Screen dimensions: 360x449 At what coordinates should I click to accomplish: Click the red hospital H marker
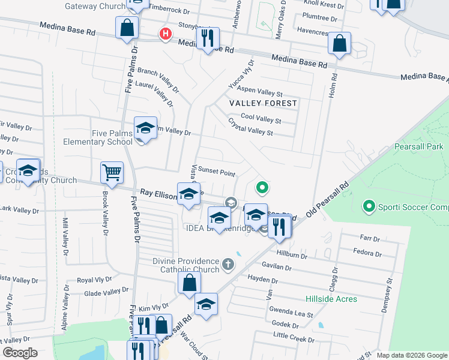pos(164,34)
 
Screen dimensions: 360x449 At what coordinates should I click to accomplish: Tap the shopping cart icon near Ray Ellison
pos(112,173)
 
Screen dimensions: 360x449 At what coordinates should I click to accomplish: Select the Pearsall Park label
pos(418,146)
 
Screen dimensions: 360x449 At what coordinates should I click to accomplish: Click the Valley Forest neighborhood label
pos(264,103)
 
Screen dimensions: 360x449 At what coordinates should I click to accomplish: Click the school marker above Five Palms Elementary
pos(145,128)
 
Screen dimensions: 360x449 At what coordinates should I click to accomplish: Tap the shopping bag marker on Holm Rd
pos(339,43)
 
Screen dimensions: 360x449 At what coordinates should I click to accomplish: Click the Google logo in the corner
pos(20,353)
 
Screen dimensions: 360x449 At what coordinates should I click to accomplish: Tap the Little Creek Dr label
pos(294,338)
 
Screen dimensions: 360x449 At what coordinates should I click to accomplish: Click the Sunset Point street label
pos(216,173)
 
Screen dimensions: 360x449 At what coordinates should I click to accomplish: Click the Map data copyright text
pos(412,355)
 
